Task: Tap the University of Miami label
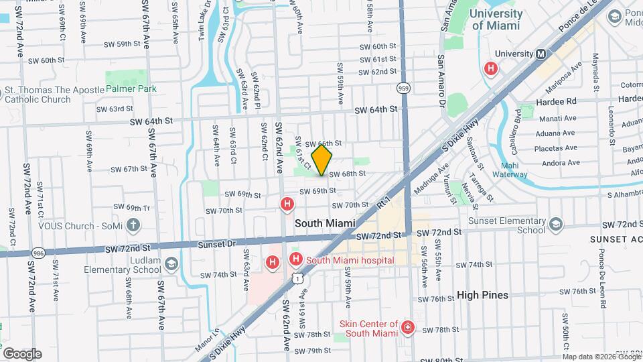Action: [496, 19]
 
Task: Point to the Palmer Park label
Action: [129, 88]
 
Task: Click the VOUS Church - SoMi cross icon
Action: [133, 225]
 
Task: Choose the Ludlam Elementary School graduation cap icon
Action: [171, 264]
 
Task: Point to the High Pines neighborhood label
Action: [482, 295]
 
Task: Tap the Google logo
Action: [21, 353]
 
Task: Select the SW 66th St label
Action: [324, 143]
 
